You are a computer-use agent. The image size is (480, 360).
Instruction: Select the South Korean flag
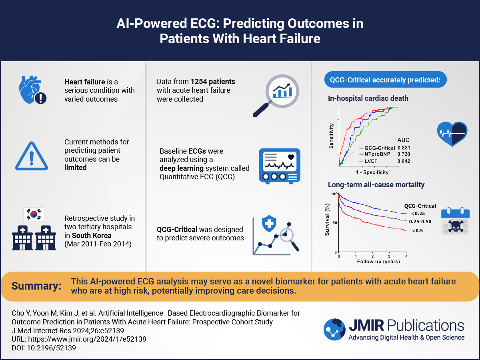tap(34, 214)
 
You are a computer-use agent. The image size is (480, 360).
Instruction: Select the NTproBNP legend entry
tap(372, 154)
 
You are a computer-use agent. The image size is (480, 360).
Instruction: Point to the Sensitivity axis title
tap(331, 136)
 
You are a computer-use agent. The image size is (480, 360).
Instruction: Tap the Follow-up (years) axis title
tap(373, 262)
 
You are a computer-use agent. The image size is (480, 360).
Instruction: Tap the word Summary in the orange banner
tap(36, 286)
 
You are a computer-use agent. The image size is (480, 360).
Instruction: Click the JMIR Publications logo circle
tap(334, 330)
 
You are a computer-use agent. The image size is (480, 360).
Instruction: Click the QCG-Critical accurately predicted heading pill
tap(385, 80)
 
